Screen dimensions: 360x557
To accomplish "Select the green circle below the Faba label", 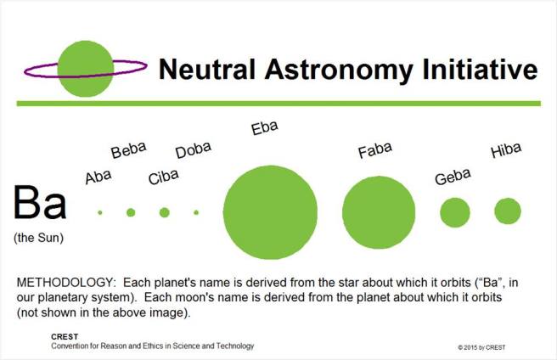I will pyautogui.click(x=379, y=212).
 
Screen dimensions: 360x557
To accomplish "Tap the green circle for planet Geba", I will pyautogui.click(x=454, y=211).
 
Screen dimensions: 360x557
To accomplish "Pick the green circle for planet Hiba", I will pyautogui.click(x=508, y=211).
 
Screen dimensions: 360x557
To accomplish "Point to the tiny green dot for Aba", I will pyautogui.click(x=100, y=212).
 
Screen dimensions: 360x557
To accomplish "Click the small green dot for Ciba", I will pyautogui.click(x=164, y=212).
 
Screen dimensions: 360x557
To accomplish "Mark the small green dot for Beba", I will pyautogui.click(x=131, y=212).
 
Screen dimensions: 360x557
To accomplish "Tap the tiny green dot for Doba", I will pyautogui.click(x=196, y=212).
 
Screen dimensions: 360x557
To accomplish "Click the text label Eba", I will pyautogui.click(x=265, y=129).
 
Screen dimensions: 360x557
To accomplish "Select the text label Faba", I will pyautogui.click(x=374, y=150).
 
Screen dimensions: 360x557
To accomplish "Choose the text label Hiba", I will pyautogui.click(x=506, y=152).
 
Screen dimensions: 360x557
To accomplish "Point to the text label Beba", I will pyautogui.click(x=128, y=150).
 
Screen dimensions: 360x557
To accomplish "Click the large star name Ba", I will pyautogui.click(x=39, y=205).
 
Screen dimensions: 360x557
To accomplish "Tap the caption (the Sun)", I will pyautogui.click(x=39, y=238).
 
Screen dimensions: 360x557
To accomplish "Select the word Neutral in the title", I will pyautogui.click(x=200, y=69).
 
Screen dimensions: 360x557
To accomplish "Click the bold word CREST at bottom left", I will pyautogui.click(x=64, y=337).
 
